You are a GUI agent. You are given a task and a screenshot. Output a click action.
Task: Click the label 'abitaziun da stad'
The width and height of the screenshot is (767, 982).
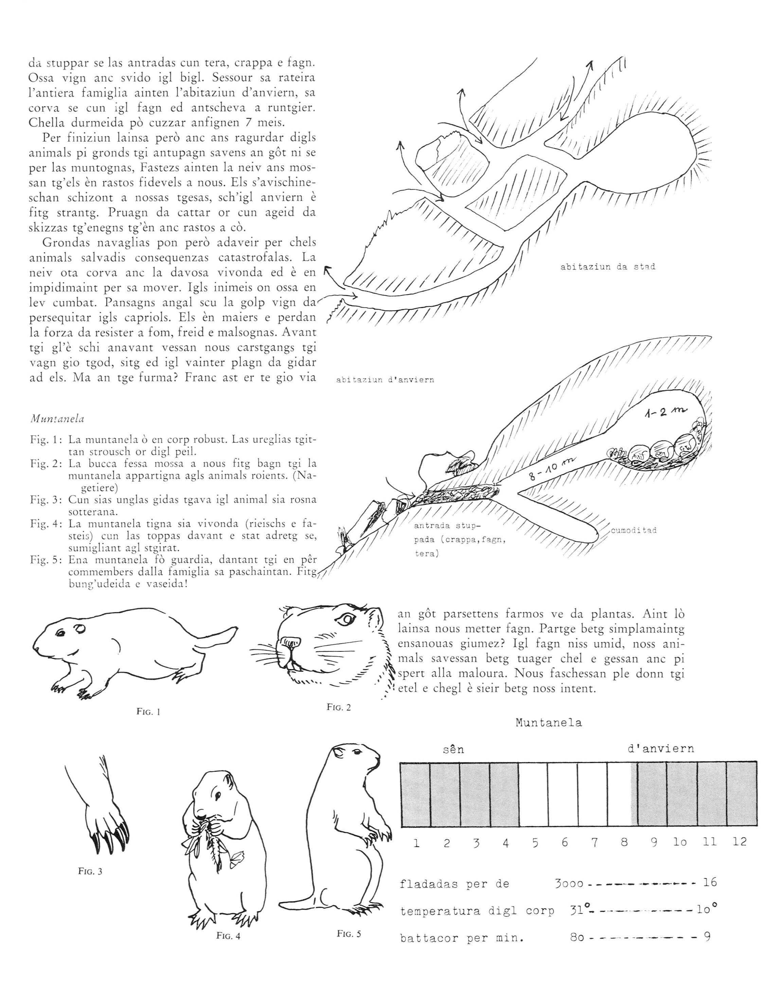point(607,267)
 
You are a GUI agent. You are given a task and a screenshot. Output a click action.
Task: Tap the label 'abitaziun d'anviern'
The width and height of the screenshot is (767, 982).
point(385,380)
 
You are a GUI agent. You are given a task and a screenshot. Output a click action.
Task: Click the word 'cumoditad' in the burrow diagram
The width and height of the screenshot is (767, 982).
point(634,530)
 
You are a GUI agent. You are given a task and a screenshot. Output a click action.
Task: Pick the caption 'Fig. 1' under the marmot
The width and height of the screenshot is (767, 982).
point(148,712)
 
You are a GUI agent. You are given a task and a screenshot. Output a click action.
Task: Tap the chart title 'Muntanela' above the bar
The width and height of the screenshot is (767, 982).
point(549,723)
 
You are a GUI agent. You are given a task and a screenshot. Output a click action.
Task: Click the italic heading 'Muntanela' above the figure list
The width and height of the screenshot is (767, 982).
point(57,419)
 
